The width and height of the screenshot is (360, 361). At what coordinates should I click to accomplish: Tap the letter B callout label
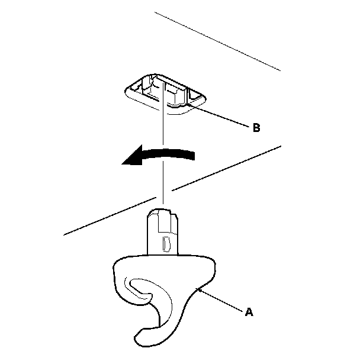click(x=255, y=127)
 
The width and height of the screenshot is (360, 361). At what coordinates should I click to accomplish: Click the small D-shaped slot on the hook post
click(x=165, y=242)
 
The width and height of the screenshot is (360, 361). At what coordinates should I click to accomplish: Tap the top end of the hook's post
click(x=162, y=210)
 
